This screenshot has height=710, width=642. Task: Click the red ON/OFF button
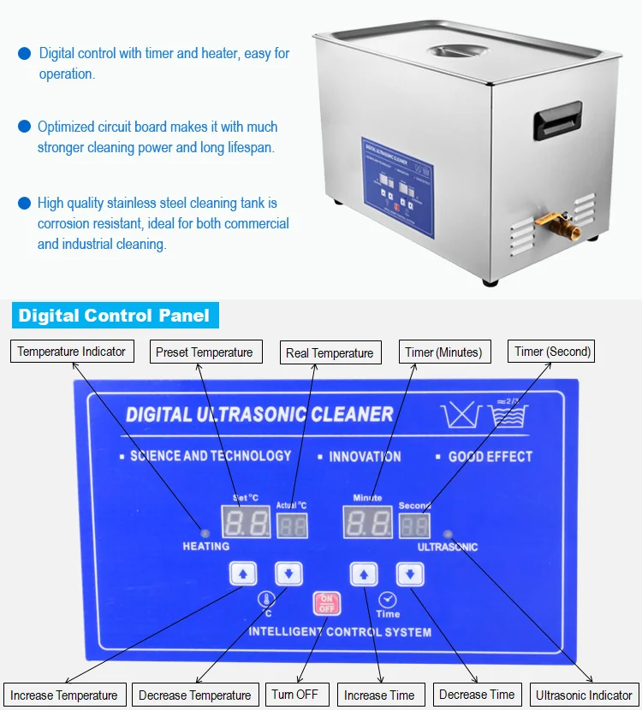[326, 603]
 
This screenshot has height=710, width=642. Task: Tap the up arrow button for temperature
[243, 573]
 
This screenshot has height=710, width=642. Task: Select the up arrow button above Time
[364, 573]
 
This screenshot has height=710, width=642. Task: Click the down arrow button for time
[410, 573]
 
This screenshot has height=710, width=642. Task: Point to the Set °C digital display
[246, 522]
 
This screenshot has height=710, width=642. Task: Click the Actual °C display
[292, 524]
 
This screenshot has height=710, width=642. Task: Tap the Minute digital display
[367, 522]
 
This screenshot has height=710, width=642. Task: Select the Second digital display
[414, 524]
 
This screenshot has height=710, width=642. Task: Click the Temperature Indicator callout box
[72, 351]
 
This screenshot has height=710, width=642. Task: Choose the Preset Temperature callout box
[205, 352]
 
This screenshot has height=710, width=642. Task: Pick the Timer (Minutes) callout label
[444, 352]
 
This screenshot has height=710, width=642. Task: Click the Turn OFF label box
[294, 694]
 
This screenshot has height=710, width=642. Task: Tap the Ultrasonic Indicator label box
[584, 695]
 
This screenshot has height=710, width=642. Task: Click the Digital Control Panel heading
[114, 316]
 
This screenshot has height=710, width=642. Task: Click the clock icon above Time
[387, 599]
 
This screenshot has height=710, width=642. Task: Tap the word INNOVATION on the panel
[365, 456]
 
